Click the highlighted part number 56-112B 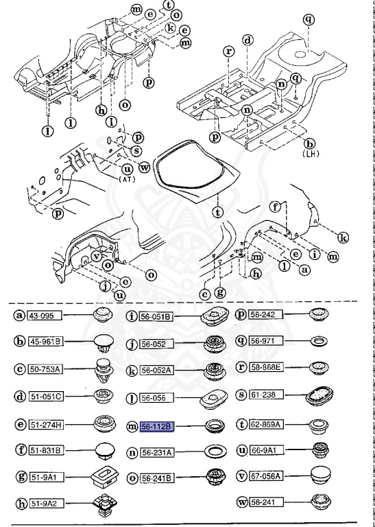pos(157,427)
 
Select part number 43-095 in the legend pos(43,315)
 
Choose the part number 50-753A pos(45,369)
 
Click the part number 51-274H pos(45,425)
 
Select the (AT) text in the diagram pos(126,178)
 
